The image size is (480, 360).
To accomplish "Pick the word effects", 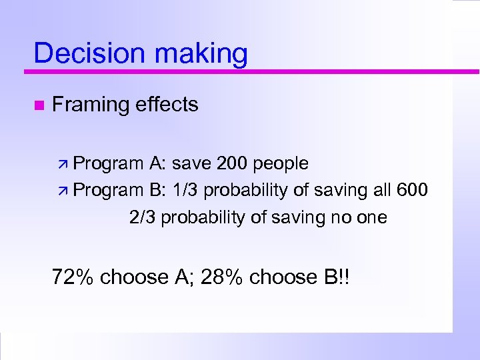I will tap(166, 104).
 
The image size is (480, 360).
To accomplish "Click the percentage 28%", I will tap(221, 276).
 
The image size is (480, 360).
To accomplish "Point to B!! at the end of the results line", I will tap(335, 276).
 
